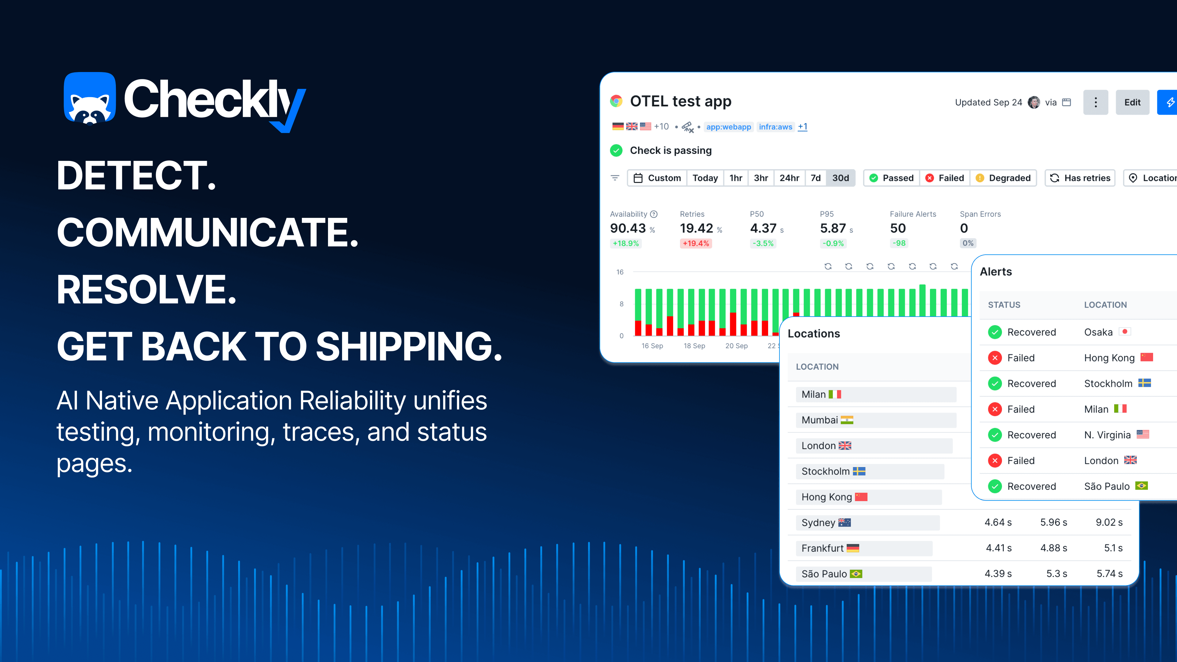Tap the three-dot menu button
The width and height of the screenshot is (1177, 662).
click(x=1095, y=102)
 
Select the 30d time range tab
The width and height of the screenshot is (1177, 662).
click(x=840, y=178)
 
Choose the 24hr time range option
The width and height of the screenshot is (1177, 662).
click(x=789, y=178)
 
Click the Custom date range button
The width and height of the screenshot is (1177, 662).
click(x=657, y=178)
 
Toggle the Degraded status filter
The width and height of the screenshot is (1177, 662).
click(x=1004, y=178)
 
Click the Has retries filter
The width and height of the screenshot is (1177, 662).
click(x=1080, y=178)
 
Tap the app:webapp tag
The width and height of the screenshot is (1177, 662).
click(x=728, y=127)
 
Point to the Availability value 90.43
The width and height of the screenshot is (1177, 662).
click(x=628, y=228)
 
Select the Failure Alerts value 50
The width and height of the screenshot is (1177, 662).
click(x=898, y=228)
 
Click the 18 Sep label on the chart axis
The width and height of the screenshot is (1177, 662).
click(x=694, y=346)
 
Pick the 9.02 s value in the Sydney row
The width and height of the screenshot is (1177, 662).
click(x=1109, y=522)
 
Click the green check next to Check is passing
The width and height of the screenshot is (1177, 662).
click(x=616, y=150)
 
